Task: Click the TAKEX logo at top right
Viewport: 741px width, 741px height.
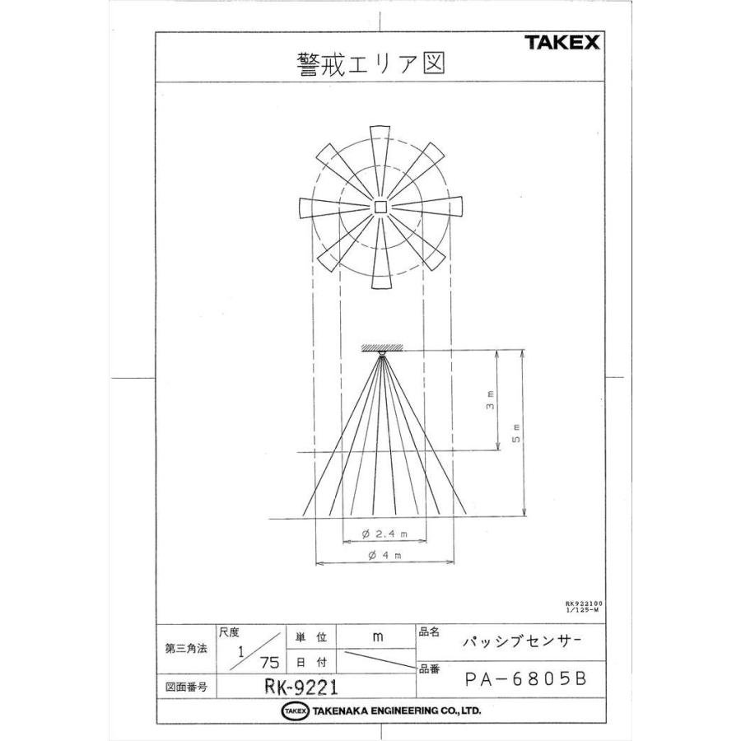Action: click(x=562, y=43)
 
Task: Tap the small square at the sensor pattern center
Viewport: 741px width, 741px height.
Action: click(x=380, y=207)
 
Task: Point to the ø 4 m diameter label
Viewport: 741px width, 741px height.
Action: click(x=384, y=557)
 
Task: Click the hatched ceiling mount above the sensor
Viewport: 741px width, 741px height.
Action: click(x=380, y=347)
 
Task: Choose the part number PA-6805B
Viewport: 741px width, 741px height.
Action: click(x=524, y=680)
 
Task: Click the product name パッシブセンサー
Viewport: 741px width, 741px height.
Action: click(x=520, y=640)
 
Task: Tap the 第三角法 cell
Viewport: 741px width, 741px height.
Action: click(x=186, y=649)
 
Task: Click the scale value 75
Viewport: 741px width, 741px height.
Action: click(x=270, y=662)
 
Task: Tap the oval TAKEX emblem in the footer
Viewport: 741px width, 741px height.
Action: click(x=294, y=711)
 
